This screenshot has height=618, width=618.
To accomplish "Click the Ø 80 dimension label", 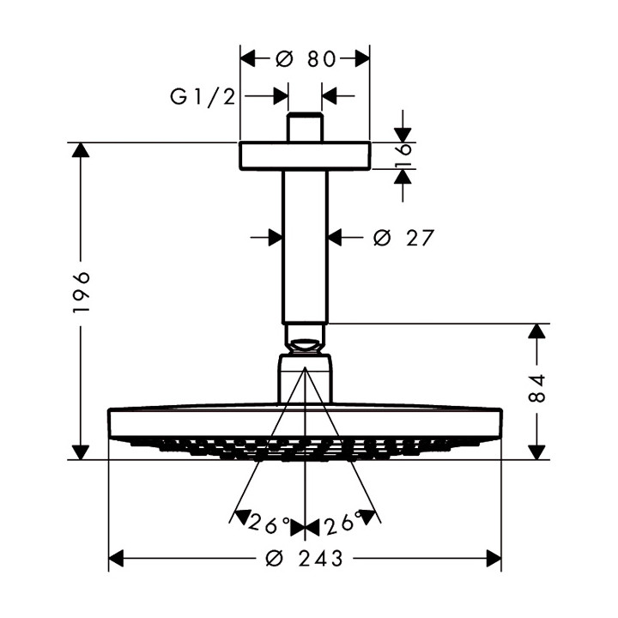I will [x=305, y=58].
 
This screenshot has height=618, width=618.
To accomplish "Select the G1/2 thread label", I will [x=203, y=96].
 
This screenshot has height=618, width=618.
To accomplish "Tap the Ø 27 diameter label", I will [x=404, y=238].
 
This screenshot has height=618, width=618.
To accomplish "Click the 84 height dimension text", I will [x=538, y=391].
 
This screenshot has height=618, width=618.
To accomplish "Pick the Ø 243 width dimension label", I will [x=305, y=560].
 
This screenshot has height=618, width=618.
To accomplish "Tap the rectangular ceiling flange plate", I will [x=305, y=155].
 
